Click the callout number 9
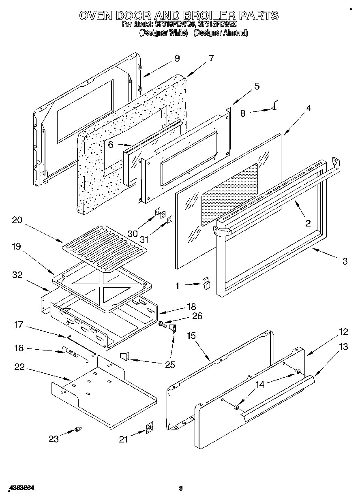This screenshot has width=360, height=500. [x=177, y=58]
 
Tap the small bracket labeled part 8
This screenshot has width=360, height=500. [x=275, y=106]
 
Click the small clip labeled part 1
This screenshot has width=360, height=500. [x=206, y=282]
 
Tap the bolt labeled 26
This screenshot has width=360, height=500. [x=163, y=324]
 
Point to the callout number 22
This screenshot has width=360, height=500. [x=19, y=367]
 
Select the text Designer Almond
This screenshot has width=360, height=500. [x=221, y=33]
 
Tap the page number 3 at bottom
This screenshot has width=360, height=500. [x=181, y=489]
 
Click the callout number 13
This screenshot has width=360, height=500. [x=343, y=346]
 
